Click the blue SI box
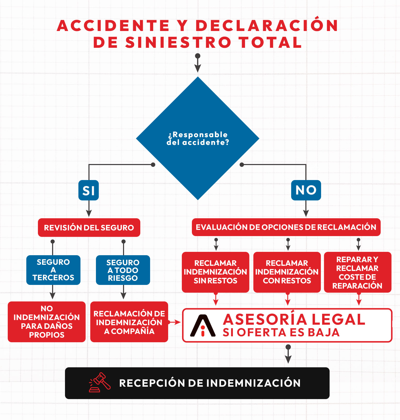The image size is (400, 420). coord(88,190)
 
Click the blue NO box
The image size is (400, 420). coord(306,190)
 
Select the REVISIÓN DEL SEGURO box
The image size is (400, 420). coord(89,228)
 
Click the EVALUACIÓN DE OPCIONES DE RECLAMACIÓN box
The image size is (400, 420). coord(286,227)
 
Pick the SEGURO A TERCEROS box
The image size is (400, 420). coord(53,270)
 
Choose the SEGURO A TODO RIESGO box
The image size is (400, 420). coord(123,270)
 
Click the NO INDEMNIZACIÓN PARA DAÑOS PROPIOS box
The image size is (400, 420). coord(47,322)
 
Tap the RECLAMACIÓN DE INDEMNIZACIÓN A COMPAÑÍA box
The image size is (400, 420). coord(129,322)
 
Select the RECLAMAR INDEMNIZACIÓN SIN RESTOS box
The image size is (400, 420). coord(215,272)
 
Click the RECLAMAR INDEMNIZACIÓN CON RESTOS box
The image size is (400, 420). coord(287,272)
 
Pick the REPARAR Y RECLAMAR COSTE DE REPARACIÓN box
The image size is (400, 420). coord(357,272)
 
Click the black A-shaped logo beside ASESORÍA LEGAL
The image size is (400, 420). coord(203,326)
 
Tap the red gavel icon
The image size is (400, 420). coord(100,382)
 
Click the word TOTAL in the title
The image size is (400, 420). coord(270,42)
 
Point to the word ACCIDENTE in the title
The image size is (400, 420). coord(113,26)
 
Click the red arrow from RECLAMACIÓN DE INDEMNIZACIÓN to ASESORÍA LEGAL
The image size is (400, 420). coord(175,322)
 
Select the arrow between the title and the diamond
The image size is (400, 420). coord(198,64)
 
